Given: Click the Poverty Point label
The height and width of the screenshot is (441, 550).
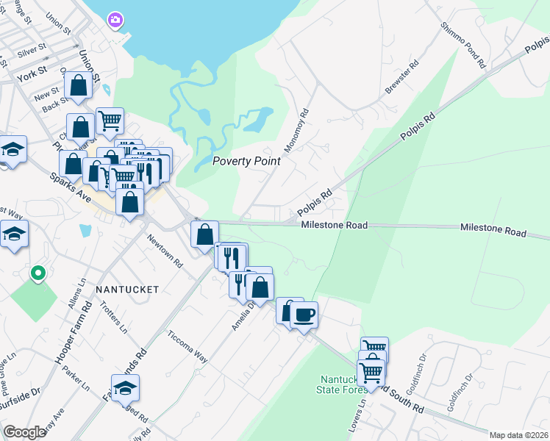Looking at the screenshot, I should click(246, 162).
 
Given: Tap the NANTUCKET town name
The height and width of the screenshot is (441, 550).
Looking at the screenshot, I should click(127, 290).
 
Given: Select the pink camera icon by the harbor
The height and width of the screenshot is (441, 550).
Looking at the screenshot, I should click(115, 20).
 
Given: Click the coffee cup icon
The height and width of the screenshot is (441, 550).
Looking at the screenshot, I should click(304, 315).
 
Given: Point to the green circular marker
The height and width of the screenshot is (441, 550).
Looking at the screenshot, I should click(38, 274).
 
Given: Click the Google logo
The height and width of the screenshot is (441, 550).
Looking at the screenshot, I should click(25, 432).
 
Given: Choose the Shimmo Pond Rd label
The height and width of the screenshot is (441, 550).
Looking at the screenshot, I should click(464, 45).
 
